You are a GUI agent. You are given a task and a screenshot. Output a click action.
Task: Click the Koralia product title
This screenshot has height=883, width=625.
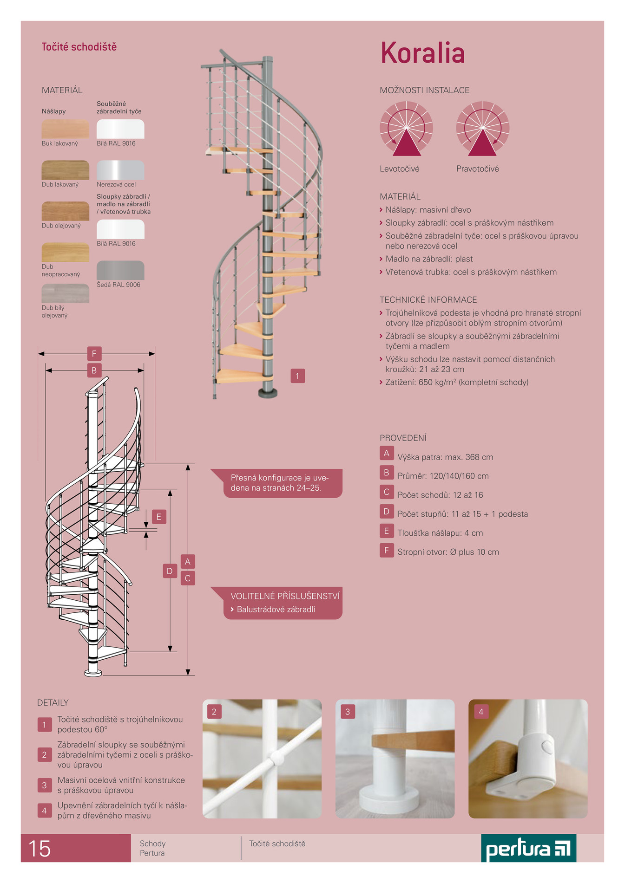pyautogui.click(x=422, y=52)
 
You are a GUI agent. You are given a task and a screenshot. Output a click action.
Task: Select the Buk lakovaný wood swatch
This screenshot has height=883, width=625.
pyautogui.click(x=66, y=129)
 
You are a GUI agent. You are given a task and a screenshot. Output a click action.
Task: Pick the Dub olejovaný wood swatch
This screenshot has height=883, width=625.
pyautogui.click(x=66, y=211)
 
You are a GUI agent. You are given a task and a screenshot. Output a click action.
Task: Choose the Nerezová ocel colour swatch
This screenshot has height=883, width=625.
pyautogui.click(x=120, y=170)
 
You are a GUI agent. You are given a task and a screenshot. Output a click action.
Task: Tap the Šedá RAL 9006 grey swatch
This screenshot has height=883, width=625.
pyautogui.click(x=120, y=270)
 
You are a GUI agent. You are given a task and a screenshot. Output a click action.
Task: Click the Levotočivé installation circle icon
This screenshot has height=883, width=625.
pyautogui.click(x=407, y=129)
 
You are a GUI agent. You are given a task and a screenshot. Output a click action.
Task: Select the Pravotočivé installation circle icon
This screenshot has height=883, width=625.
pyautogui.click(x=483, y=129)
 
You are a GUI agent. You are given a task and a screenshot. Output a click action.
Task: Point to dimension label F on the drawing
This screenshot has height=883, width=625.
pyautogui.click(x=94, y=354)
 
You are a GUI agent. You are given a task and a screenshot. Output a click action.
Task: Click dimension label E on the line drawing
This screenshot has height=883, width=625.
pyautogui.click(x=159, y=517)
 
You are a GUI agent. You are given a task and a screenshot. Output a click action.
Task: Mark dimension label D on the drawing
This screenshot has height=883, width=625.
pyautogui.click(x=170, y=571)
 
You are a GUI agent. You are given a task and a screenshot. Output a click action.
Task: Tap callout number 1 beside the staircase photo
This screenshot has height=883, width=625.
pyautogui.click(x=298, y=376)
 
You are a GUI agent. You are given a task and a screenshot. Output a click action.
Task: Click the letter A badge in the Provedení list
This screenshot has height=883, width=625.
pyautogui.click(x=387, y=453)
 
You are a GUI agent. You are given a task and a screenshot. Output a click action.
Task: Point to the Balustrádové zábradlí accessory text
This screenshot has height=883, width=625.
pyautogui.click(x=276, y=609)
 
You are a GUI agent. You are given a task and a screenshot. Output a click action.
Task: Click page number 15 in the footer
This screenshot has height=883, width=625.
pyautogui.click(x=39, y=849)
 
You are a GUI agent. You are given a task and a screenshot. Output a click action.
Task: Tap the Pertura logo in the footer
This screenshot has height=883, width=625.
pyautogui.click(x=529, y=848)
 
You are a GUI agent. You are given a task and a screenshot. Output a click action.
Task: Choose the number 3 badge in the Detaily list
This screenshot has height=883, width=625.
pyautogui.click(x=45, y=785)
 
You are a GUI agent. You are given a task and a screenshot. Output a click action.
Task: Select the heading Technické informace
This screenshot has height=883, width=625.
pyautogui.click(x=428, y=300)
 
